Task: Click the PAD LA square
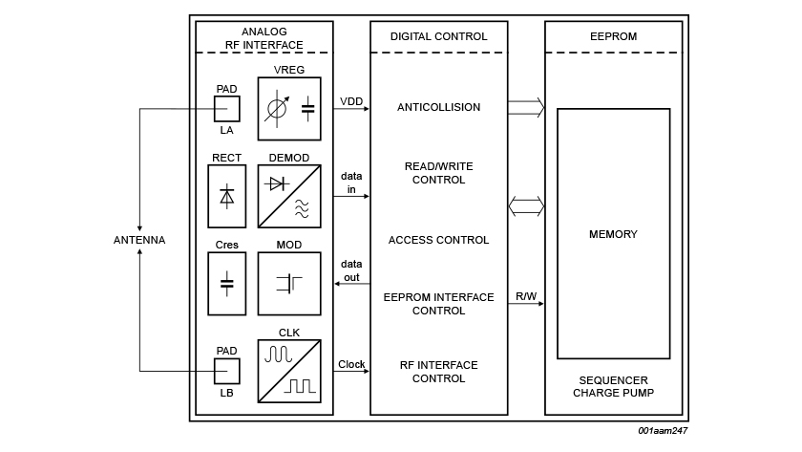point(226,109)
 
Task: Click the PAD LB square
point(226,371)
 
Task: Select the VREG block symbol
point(289,109)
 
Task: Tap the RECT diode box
point(226,196)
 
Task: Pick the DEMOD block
point(289,196)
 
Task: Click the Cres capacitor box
point(226,283)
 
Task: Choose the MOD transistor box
point(289,283)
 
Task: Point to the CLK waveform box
point(289,370)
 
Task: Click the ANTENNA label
point(139,240)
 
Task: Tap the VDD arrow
point(351,109)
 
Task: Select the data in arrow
point(351,196)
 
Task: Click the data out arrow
point(351,283)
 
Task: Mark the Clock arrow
point(351,371)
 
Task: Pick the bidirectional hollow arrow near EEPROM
point(526,205)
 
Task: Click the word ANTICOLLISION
point(438,108)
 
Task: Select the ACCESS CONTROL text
point(438,240)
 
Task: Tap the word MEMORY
point(613,234)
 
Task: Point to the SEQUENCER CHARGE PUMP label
point(613,386)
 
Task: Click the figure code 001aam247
point(663,431)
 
